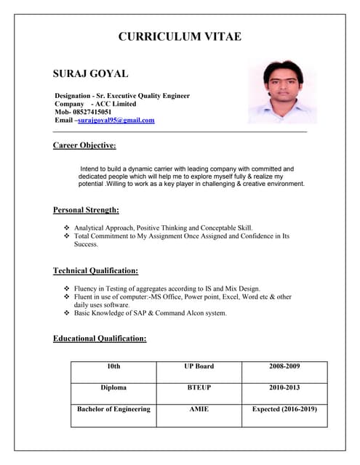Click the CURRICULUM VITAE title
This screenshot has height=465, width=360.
(x=180, y=37)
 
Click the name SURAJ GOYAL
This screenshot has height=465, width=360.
(x=91, y=74)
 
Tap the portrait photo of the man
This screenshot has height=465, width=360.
(x=282, y=92)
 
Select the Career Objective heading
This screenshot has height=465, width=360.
(x=84, y=145)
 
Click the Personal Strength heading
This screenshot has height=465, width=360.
(x=86, y=210)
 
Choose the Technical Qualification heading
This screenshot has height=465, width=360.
(x=95, y=271)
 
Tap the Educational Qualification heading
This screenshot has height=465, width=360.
(x=100, y=338)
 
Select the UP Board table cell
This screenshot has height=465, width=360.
(x=199, y=366)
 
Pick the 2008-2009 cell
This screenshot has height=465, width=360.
(x=284, y=366)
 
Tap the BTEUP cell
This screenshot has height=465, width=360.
(x=199, y=388)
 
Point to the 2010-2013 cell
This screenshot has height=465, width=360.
(x=284, y=388)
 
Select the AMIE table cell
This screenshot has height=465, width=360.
(x=199, y=409)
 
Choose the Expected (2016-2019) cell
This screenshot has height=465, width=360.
(x=284, y=409)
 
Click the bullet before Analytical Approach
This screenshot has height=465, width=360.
(x=67, y=228)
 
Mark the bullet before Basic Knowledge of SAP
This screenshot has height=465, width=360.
(x=67, y=313)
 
